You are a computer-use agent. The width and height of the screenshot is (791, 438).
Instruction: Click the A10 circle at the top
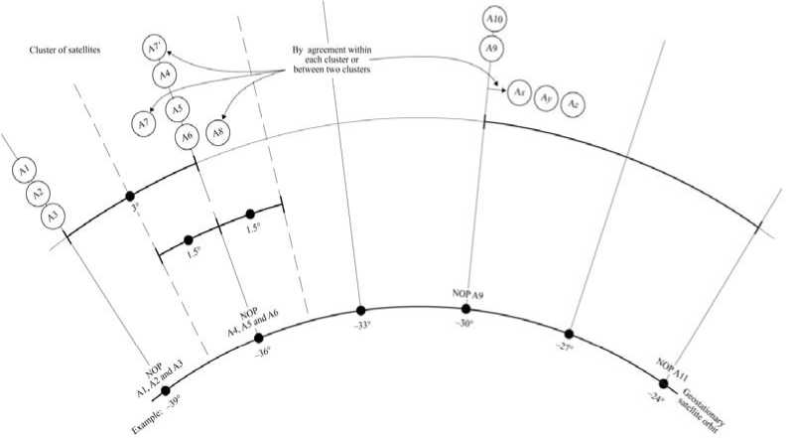pyautogui.click(x=494, y=19)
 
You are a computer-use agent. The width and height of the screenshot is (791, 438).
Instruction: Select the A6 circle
pyautogui.click(x=185, y=138)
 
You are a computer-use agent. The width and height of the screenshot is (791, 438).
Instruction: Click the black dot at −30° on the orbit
pyautogui.click(x=466, y=309)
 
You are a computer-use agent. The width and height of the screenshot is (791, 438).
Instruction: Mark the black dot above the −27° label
pyautogui.click(x=570, y=334)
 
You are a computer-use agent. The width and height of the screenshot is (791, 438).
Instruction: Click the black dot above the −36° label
pyautogui.click(x=259, y=337)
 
